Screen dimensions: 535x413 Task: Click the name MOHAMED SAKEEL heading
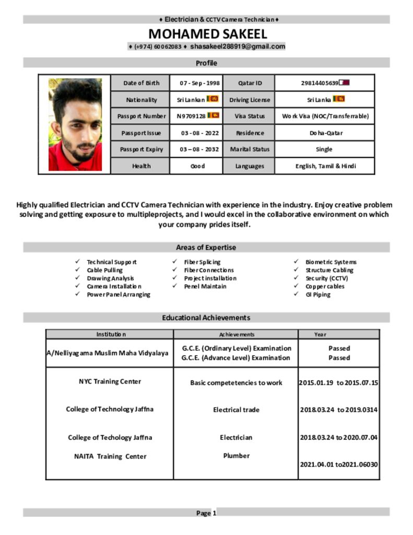coord(207,34)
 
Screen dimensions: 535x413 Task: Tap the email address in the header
coord(238,46)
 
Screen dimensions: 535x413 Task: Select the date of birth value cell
coord(196,83)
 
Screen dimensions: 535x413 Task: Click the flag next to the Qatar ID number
coord(345,83)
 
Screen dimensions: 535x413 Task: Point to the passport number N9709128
coord(192,116)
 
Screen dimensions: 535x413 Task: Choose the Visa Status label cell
coord(250,116)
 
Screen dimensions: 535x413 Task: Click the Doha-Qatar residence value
coord(324,133)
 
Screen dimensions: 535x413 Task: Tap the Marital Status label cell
coord(250,149)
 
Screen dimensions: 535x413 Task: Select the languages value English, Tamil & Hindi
coord(324,166)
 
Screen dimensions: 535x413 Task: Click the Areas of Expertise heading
coord(206,248)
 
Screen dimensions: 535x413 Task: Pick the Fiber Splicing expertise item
coord(202,262)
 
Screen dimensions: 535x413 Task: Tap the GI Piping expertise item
coord(317,295)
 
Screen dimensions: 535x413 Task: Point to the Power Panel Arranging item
coord(118,295)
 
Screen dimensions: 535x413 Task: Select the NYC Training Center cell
coord(110,381)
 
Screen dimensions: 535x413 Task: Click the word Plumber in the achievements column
coord(237,456)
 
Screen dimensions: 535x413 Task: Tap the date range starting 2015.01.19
coord(338,383)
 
